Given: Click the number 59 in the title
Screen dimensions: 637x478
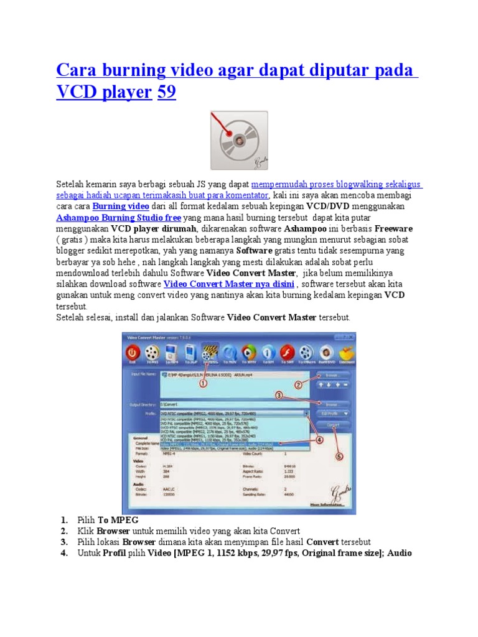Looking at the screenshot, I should [x=167, y=93].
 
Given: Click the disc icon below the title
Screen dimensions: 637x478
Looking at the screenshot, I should [x=239, y=140].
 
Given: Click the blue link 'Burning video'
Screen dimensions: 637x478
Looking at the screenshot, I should [x=121, y=206].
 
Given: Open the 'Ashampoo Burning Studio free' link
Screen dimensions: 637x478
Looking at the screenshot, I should [x=119, y=218].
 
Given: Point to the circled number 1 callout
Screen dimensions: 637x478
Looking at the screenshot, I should [x=203, y=384].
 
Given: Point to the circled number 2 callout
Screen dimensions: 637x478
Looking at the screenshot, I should [x=298, y=385].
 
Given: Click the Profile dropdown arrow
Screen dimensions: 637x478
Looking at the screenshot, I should [x=306, y=413].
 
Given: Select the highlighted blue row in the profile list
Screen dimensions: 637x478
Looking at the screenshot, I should [x=233, y=444].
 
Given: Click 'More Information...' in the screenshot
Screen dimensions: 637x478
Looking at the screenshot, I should [x=333, y=504].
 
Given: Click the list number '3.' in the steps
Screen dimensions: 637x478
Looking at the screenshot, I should [x=64, y=541].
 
